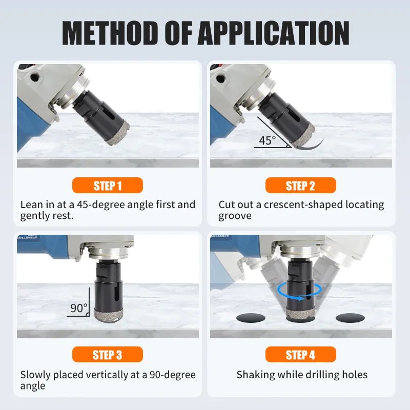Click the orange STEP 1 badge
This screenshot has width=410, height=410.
(x=108, y=186)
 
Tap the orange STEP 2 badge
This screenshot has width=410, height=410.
(x=300, y=186)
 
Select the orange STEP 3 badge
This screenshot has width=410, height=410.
(x=108, y=354)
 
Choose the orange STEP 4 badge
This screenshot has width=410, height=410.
(x=300, y=354)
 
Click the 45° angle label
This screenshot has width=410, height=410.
(x=267, y=140)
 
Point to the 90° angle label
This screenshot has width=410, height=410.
(x=79, y=308)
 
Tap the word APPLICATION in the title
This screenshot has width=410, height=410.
(x=274, y=33)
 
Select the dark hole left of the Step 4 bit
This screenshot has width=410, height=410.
(x=251, y=318)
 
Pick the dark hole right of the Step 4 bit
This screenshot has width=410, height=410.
(x=350, y=318)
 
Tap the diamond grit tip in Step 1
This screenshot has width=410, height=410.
(x=118, y=133)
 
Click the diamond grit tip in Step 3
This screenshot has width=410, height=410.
(x=109, y=315)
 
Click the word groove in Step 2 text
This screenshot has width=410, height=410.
(x=235, y=216)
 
